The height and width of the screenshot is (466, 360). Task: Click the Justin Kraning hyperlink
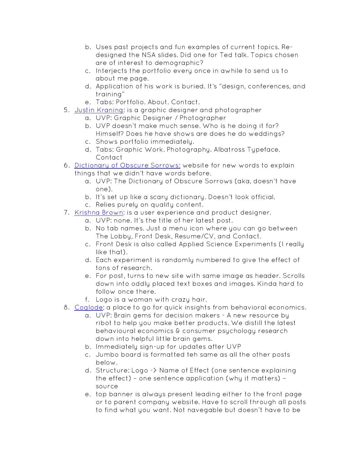[x=99, y=110]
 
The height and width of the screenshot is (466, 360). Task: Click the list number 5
[x=66, y=110]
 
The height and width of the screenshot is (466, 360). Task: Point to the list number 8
[x=66, y=307]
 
